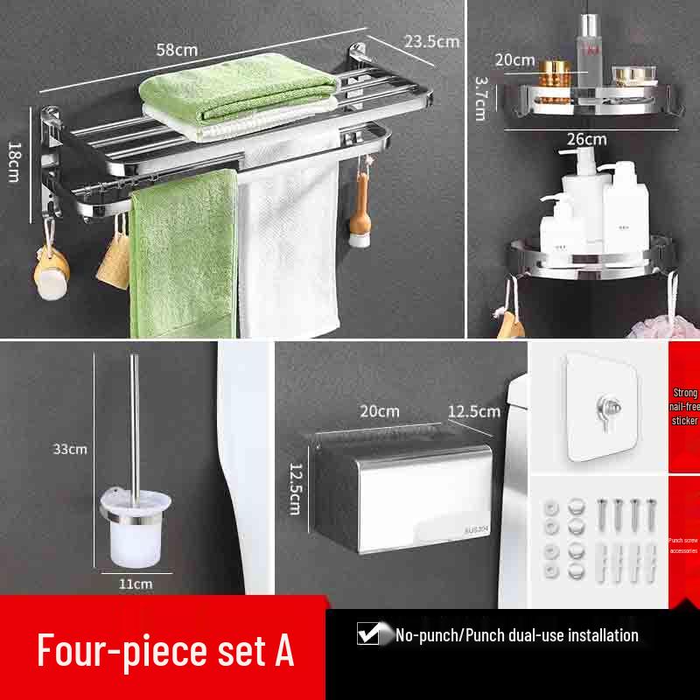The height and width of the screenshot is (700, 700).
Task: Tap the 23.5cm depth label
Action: pyautogui.click(x=431, y=41)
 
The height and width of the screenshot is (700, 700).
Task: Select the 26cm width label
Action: pyautogui.click(x=585, y=138)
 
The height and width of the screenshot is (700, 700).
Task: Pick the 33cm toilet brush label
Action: pyautogui.click(x=71, y=449)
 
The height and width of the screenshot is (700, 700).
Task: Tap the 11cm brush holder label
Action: pyautogui.click(x=136, y=583)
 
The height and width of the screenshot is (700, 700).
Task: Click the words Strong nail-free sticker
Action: pyautogui.click(x=684, y=407)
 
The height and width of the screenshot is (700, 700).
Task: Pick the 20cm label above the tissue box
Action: pyautogui.click(x=379, y=410)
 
